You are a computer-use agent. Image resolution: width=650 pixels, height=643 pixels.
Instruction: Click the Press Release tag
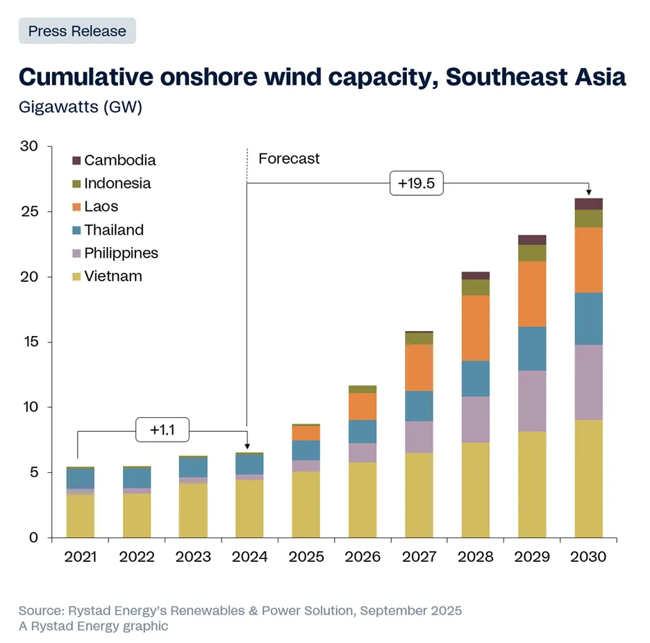77,31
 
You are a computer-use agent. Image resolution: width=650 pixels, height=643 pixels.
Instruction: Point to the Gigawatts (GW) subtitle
80,108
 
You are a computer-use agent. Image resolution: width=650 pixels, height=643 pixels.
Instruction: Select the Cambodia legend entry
119,160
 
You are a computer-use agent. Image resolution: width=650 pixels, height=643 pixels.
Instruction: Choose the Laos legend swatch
76,207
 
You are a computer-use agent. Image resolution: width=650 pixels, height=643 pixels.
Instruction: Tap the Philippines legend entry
121,253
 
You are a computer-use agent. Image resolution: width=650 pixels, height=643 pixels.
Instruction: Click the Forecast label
289,158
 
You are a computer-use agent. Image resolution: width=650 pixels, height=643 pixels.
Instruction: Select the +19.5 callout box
416,183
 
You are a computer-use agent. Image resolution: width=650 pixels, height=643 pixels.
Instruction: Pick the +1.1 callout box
163,430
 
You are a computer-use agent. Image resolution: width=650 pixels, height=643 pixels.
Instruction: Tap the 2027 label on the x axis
419,557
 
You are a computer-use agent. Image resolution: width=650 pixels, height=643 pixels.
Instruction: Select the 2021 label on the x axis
81,557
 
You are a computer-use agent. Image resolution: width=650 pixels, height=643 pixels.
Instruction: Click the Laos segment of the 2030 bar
588,260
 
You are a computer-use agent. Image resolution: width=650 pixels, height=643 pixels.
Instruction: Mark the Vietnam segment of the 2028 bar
476,490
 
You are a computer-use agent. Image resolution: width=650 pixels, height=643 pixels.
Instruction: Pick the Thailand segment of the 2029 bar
532,349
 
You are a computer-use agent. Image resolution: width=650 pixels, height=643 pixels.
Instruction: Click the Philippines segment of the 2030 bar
588,382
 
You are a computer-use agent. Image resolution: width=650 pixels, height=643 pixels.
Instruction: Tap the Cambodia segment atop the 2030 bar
588,203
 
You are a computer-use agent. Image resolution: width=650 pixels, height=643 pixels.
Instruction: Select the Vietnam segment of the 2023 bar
193,510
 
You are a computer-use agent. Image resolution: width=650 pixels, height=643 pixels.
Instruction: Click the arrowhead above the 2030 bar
588,192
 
